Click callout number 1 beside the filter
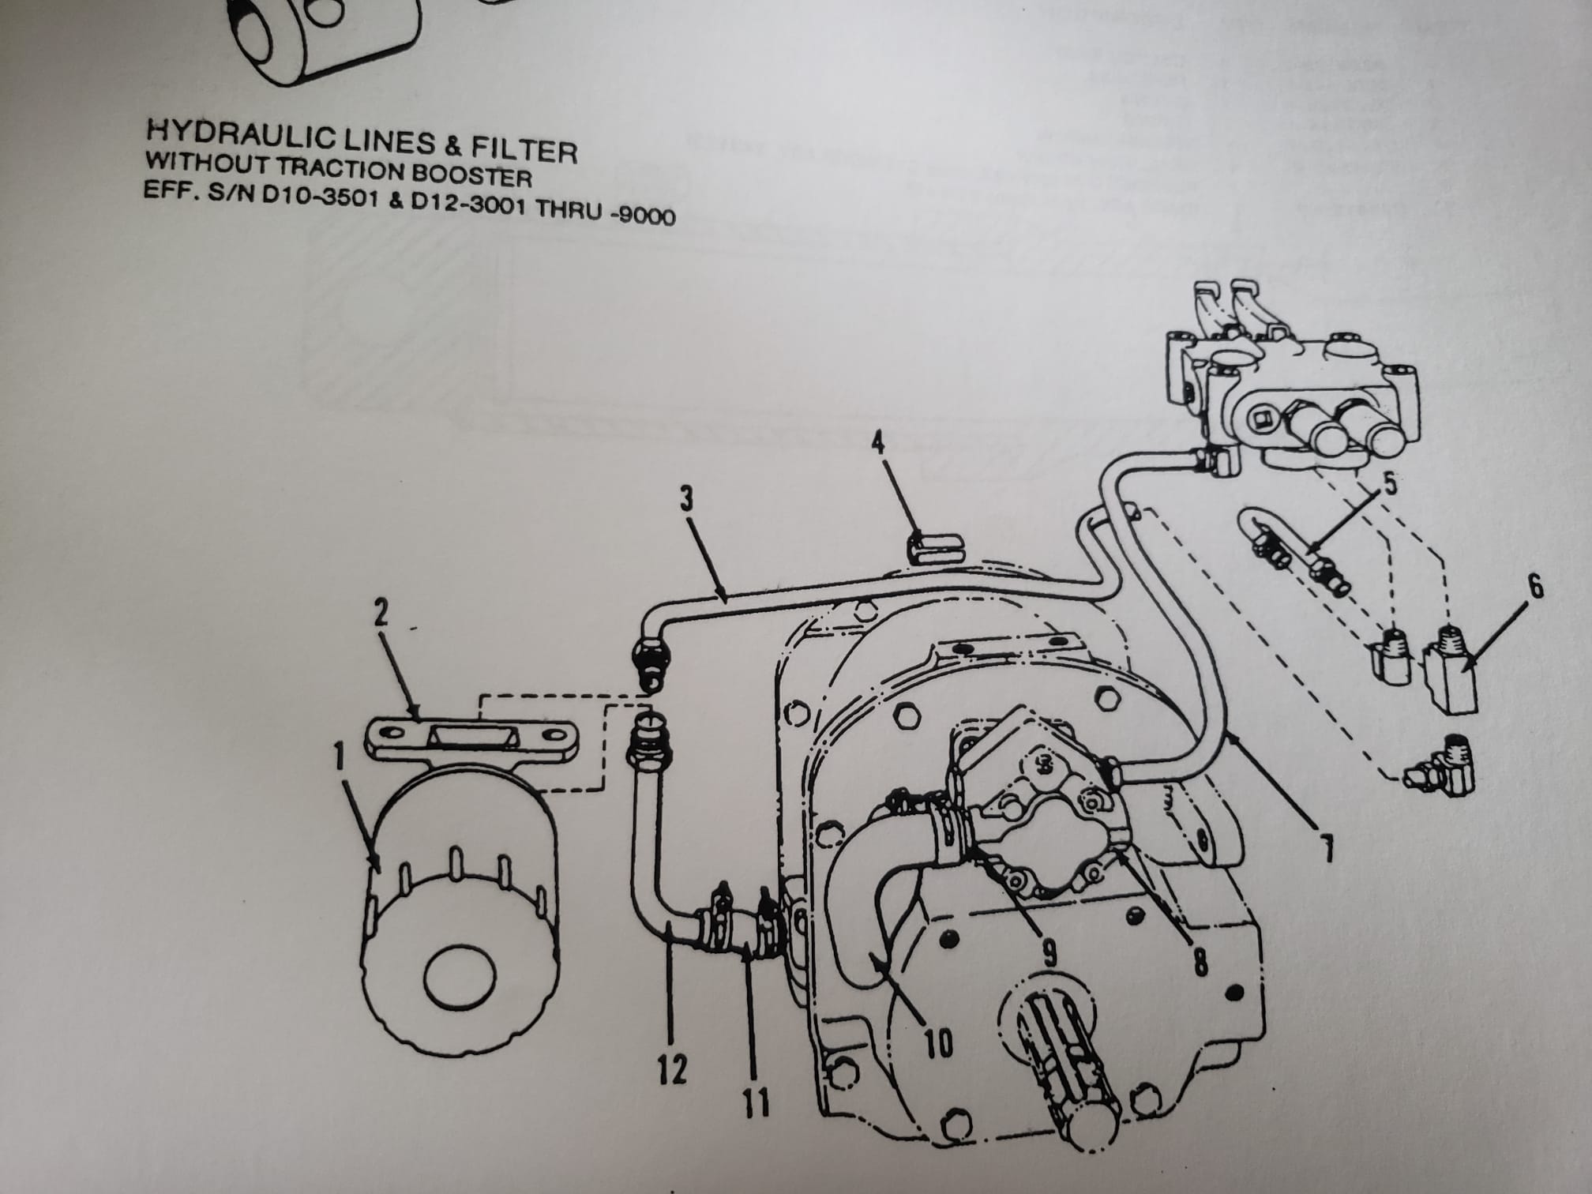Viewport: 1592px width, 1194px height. pos(339,758)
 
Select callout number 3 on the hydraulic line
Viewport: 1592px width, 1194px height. pos(686,498)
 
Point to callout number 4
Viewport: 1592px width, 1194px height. pos(877,441)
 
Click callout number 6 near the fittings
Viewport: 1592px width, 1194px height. pos(1535,586)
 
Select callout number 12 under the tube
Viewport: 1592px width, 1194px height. pos(671,1071)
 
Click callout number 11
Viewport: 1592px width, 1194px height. pos(756,1103)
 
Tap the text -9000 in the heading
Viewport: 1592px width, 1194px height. pos(644,215)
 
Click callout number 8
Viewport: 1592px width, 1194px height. pos(1200,963)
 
